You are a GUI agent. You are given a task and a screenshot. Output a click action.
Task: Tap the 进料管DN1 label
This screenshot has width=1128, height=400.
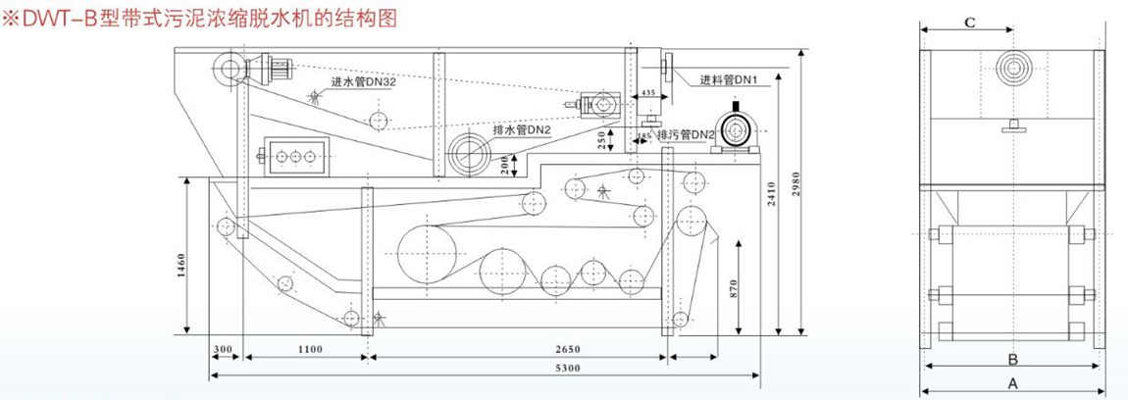coord(725,80)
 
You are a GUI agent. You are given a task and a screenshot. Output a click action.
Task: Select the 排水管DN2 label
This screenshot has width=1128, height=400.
coord(522,128)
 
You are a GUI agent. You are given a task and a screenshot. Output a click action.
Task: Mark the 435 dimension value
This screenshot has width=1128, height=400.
coord(647,92)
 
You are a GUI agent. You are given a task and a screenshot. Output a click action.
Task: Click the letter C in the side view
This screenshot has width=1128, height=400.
coord(967,23)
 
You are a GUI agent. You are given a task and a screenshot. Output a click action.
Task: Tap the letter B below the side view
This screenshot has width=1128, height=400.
coord(1012,358)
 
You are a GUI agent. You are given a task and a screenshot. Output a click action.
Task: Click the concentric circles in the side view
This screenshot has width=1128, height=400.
coord(1013,68)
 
